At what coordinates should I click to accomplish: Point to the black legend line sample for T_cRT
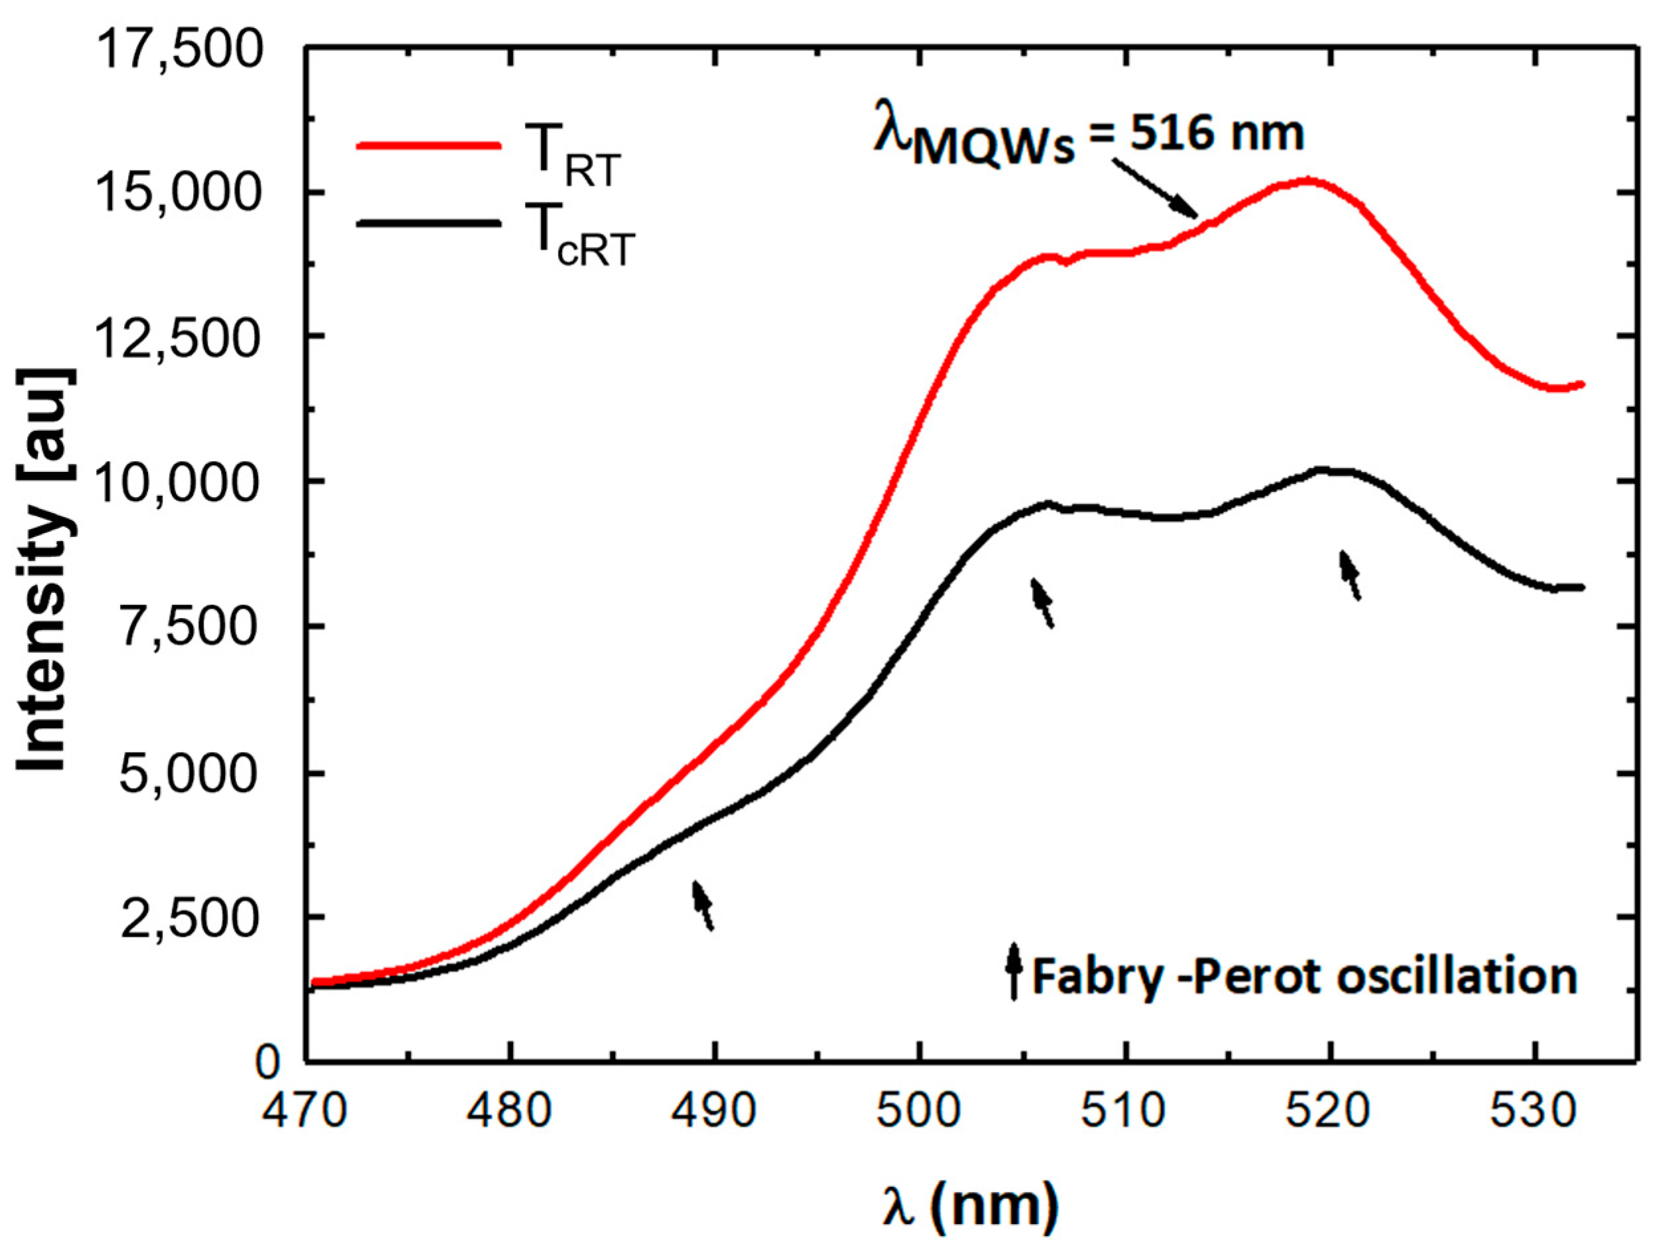[427, 223]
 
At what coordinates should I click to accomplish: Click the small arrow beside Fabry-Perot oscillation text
[1014, 971]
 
